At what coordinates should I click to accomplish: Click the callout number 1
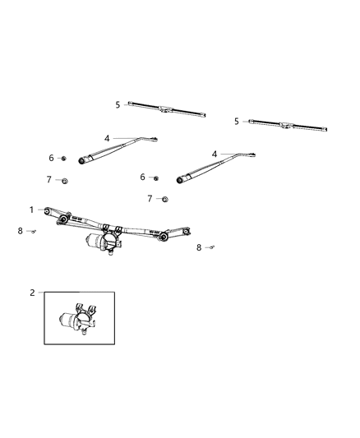coord(32,210)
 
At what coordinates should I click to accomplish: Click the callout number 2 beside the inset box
coord(32,292)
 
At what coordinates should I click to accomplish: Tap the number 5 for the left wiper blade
coord(118,104)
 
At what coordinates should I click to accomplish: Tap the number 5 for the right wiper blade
coord(237,121)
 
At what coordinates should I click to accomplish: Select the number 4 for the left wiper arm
coord(107,138)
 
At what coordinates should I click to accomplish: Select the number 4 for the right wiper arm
coord(215,154)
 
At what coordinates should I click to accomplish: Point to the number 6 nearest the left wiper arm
coord(51,158)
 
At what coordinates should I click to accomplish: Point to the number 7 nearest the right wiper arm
coord(150,198)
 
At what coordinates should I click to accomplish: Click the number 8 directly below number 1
coord(21,231)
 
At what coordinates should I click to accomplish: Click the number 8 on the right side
coord(199,247)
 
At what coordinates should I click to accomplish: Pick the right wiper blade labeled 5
coord(288,125)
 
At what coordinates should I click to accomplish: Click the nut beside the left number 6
coord(63,158)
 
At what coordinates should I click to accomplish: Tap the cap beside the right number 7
coord(164,199)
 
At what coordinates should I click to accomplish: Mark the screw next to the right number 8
coord(211,246)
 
